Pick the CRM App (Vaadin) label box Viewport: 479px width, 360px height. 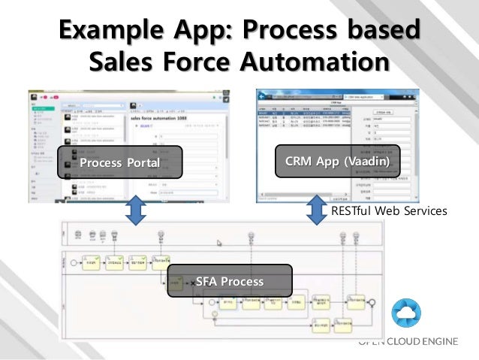point(337,162)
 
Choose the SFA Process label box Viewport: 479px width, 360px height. point(229,282)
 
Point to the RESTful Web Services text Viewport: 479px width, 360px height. point(389,212)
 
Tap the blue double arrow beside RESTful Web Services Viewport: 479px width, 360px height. point(314,210)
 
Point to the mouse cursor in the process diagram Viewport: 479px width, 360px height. point(219,243)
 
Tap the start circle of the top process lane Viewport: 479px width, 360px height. point(72,265)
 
